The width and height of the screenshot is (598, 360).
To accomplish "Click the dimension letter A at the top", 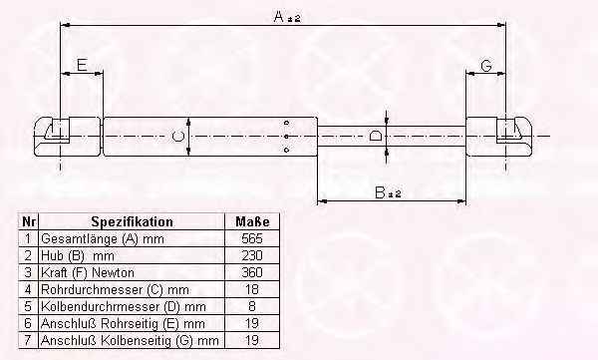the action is pos(279,16).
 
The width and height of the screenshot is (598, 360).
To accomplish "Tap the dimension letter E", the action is pos(82,65).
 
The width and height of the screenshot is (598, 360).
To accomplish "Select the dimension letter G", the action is pos(486,66).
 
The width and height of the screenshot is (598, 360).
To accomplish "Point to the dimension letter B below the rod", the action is pos(381,192).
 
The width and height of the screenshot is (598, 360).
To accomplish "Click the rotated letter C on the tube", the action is pos(178,137).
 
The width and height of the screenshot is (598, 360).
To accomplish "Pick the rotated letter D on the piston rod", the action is pos(376,136).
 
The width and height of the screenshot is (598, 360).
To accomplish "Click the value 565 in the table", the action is pos(252,238).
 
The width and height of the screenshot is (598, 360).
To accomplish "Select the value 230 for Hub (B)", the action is pos(252,255).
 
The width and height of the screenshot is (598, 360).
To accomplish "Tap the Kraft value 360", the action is pos(252,272).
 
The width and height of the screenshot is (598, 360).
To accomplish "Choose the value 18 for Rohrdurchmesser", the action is pos(252,289).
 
